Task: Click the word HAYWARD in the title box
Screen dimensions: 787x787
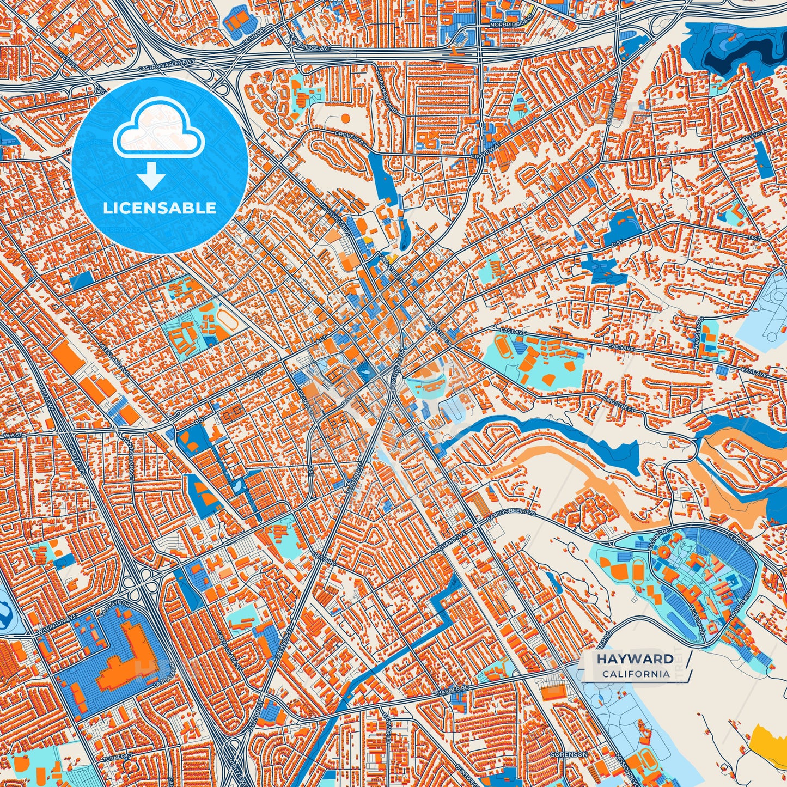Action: (635, 659)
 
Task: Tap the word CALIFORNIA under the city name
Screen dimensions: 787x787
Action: (636, 674)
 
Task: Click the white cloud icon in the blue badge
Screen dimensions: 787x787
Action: (158, 129)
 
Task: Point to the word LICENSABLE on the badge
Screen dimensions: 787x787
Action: (160, 208)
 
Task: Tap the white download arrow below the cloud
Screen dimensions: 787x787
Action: (151, 176)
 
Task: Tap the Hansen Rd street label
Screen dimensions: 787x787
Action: (701, 327)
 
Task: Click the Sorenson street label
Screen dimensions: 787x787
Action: (569, 754)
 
